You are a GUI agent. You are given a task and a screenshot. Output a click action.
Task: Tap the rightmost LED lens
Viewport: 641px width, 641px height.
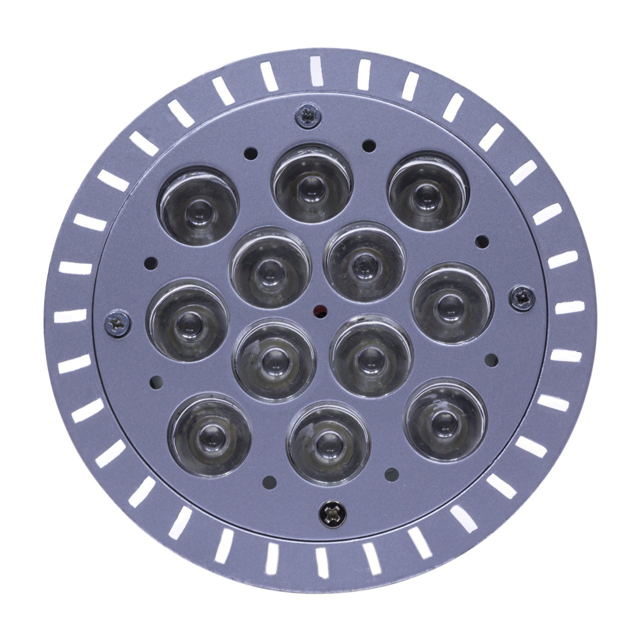pyautogui.click(x=452, y=302)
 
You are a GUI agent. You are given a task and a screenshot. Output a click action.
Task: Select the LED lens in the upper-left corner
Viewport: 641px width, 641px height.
pyautogui.click(x=198, y=206)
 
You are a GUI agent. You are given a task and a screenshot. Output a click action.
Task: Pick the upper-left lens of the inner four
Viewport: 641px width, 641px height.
pyautogui.click(x=270, y=266)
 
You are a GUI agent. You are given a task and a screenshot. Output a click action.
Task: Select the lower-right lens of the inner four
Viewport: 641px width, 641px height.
pyautogui.click(x=371, y=353)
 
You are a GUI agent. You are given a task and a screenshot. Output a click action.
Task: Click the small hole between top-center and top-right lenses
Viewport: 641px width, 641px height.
pyautogui.click(x=369, y=146)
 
